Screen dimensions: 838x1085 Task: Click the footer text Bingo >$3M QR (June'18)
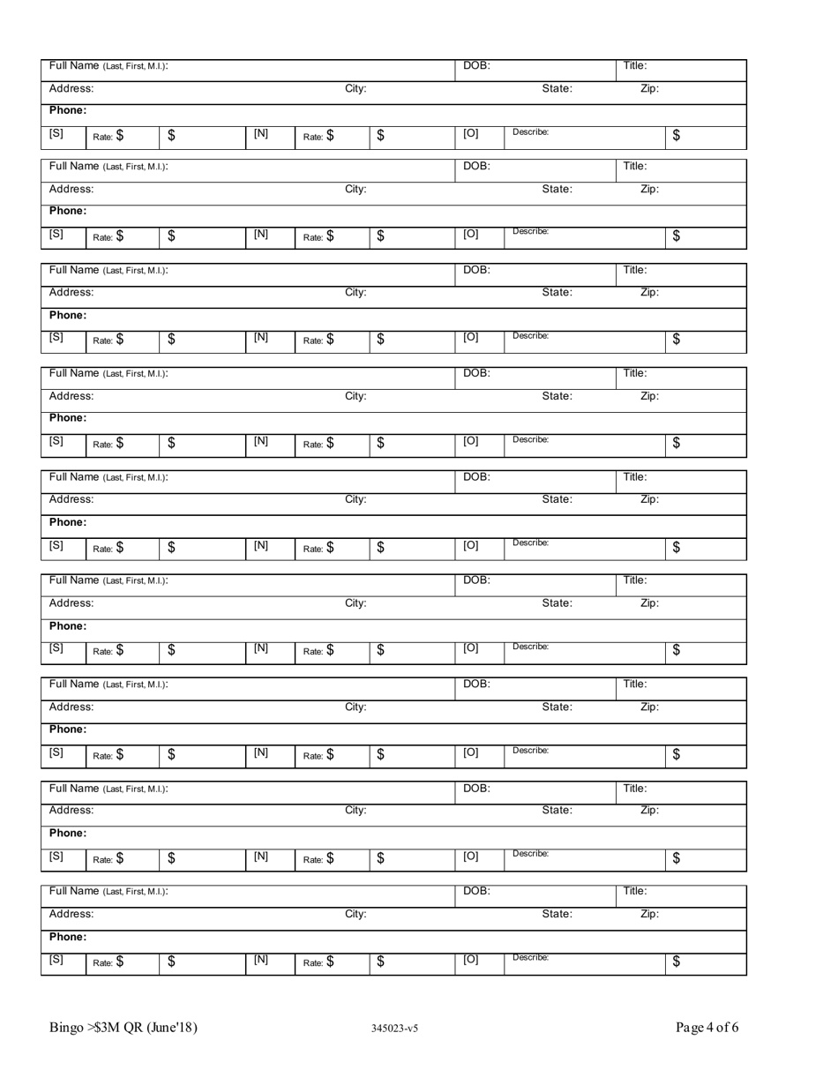[123, 1028]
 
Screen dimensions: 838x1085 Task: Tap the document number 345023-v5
[395, 1029]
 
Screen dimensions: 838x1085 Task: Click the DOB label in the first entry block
[476, 65]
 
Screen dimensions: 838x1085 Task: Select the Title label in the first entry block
[635, 65]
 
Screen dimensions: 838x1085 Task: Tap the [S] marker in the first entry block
[56, 133]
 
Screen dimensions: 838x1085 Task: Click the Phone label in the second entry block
[67, 211]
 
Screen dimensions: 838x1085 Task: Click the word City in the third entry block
[355, 293]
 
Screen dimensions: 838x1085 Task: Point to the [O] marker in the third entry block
[471, 339]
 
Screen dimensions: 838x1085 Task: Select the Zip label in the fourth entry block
[648, 396]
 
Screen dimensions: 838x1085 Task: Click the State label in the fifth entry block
[557, 499]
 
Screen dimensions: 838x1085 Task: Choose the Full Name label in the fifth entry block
[108, 477]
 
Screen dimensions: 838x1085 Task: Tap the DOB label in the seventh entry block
[476, 684]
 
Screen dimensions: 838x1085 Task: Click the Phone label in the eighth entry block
[67, 833]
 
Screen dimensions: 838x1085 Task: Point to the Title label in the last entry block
[635, 891]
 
